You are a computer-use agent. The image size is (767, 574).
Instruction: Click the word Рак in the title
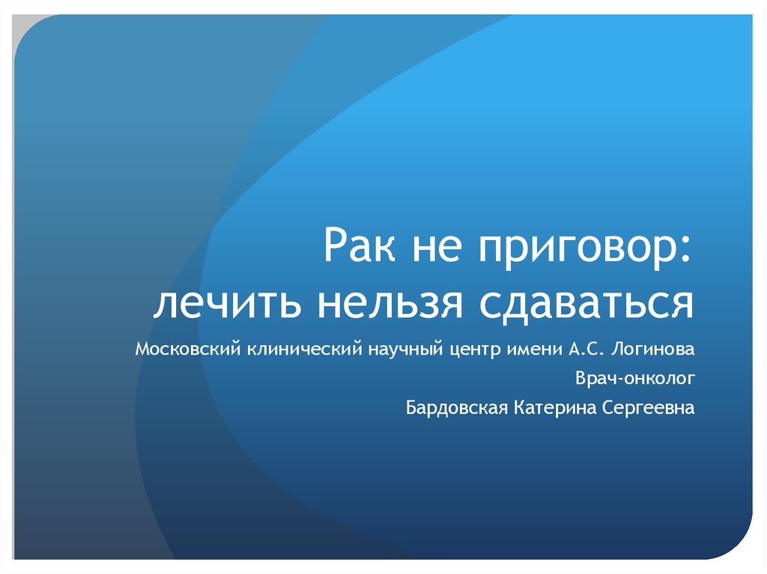click(359, 244)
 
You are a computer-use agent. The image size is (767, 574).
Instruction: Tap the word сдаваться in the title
click(586, 306)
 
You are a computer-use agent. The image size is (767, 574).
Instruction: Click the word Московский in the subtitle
click(188, 349)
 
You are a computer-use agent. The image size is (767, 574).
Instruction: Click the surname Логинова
click(653, 349)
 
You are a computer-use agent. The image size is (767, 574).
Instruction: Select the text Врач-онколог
click(635, 378)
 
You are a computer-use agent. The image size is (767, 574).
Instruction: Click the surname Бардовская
click(457, 407)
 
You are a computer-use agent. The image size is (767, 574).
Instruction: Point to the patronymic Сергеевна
click(648, 408)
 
